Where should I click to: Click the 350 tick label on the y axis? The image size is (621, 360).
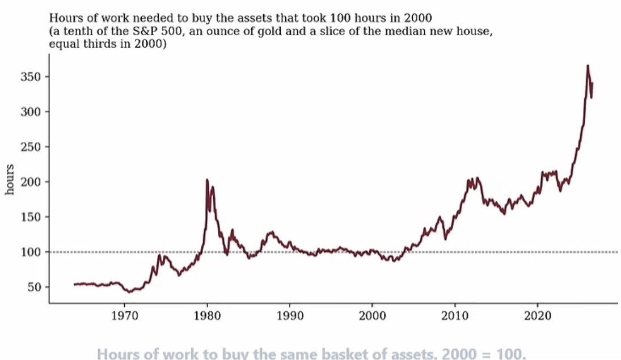(31, 77)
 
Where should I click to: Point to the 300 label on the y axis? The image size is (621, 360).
(31, 112)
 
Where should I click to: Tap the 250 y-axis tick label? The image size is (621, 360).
(31, 146)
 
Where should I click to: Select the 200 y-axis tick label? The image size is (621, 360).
(31, 182)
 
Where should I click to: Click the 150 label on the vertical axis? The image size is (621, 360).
(31, 217)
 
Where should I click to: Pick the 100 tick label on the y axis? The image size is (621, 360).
(31, 252)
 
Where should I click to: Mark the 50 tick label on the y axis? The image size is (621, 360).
(35, 287)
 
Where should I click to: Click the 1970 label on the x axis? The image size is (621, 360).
(124, 316)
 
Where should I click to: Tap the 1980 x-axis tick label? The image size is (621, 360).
(207, 316)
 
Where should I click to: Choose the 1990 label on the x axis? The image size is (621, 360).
(289, 316)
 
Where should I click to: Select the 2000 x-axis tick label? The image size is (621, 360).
(372, 316)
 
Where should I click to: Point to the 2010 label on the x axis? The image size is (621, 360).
(455, 316)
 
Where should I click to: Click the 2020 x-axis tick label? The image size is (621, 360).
(538, 316)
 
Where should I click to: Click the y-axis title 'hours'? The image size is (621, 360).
(10, 179)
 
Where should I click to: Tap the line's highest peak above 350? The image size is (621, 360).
(588, 66)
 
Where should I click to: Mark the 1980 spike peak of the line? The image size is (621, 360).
(207, 180)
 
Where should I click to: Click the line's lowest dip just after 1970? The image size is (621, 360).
(129, 292)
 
